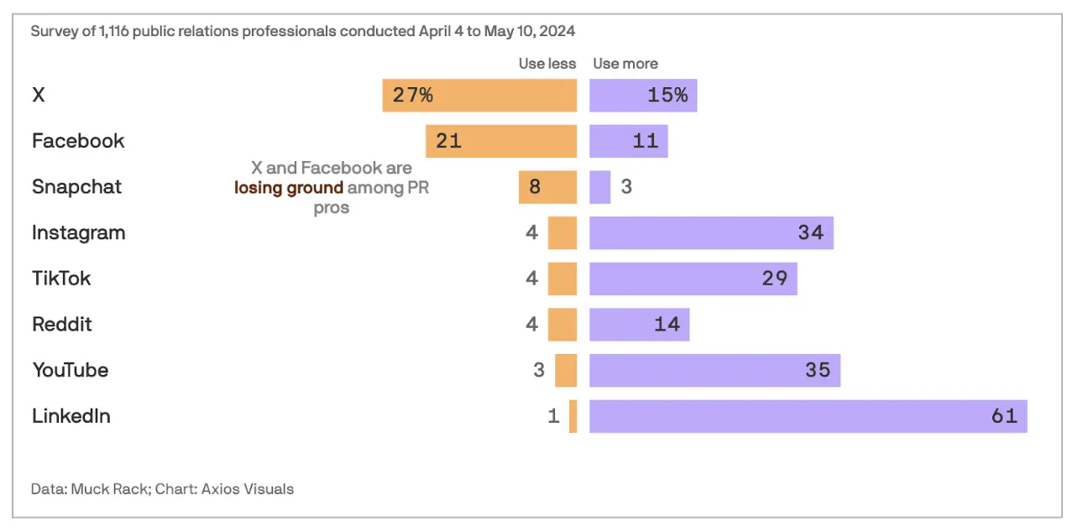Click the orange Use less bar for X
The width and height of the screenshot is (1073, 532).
tap(479, 95)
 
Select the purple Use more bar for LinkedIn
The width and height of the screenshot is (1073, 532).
tap(808, 416)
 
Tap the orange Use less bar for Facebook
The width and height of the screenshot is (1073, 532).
tap(501, 141)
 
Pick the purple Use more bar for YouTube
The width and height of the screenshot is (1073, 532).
tap(714, 370)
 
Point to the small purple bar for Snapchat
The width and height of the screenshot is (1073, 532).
tap(599, 186)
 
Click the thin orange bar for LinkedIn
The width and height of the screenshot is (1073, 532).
tap(573, 416)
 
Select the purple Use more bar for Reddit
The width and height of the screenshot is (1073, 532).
tap(639, 324)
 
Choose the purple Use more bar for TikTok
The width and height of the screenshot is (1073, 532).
tap(693, 279)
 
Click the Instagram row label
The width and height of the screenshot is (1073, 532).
tap(79, 232)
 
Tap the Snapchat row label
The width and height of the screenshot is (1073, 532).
tap(76, 186)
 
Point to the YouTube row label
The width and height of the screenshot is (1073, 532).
tap(71, 370)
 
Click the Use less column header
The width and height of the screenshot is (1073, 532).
tap(547, 64)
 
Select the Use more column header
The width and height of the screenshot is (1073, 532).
tap(625, 64)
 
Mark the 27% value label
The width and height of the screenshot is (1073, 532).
tap(413, 95)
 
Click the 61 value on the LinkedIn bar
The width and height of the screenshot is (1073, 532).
tap(1004, 416)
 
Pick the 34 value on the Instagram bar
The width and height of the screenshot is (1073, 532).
tap(811, 232)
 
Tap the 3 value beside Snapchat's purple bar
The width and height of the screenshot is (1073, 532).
tap(626, 186)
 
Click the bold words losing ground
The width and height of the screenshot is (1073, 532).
tap(289, 188)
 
